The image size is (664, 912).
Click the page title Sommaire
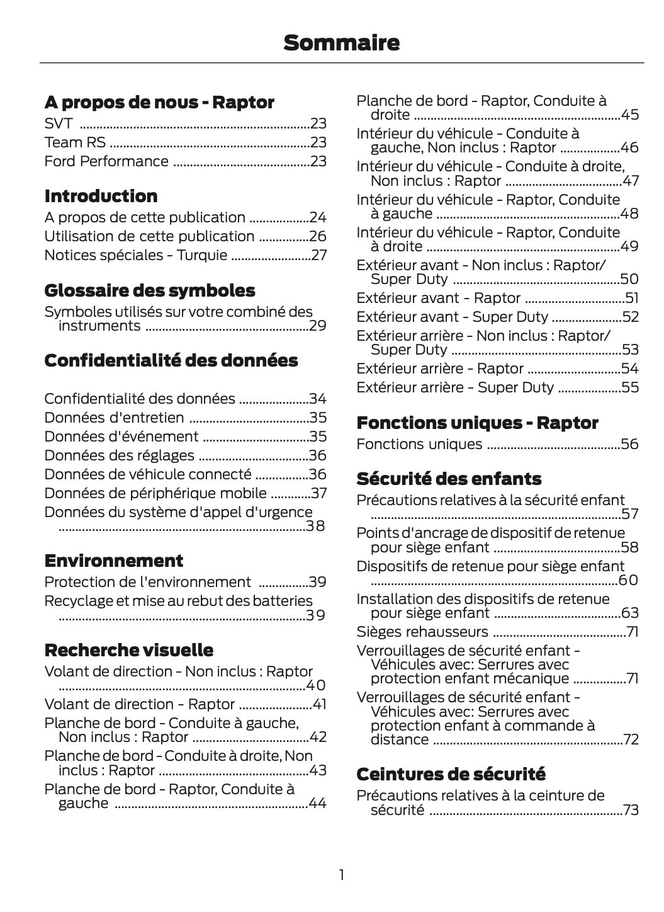341,43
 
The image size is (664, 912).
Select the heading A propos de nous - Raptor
159,102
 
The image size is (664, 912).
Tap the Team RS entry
75,142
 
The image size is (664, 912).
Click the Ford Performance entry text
106,161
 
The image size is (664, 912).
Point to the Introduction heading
101,196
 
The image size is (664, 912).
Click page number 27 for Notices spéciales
319,255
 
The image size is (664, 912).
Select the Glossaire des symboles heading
150,290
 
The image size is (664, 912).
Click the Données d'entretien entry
114,418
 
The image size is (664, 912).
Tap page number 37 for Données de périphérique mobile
319,493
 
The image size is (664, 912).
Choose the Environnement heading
114,561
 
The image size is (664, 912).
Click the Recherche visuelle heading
129,650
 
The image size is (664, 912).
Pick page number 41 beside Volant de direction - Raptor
320,704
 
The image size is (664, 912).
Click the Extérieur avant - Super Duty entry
452,317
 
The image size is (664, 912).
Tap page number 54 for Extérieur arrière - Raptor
630,368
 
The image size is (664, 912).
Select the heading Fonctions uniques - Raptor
477,423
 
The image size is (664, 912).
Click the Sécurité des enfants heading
449,479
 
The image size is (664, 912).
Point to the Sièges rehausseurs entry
422,632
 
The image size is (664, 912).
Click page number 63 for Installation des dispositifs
630,613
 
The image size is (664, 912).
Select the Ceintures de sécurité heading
451,774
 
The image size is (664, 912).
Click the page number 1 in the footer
341,874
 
